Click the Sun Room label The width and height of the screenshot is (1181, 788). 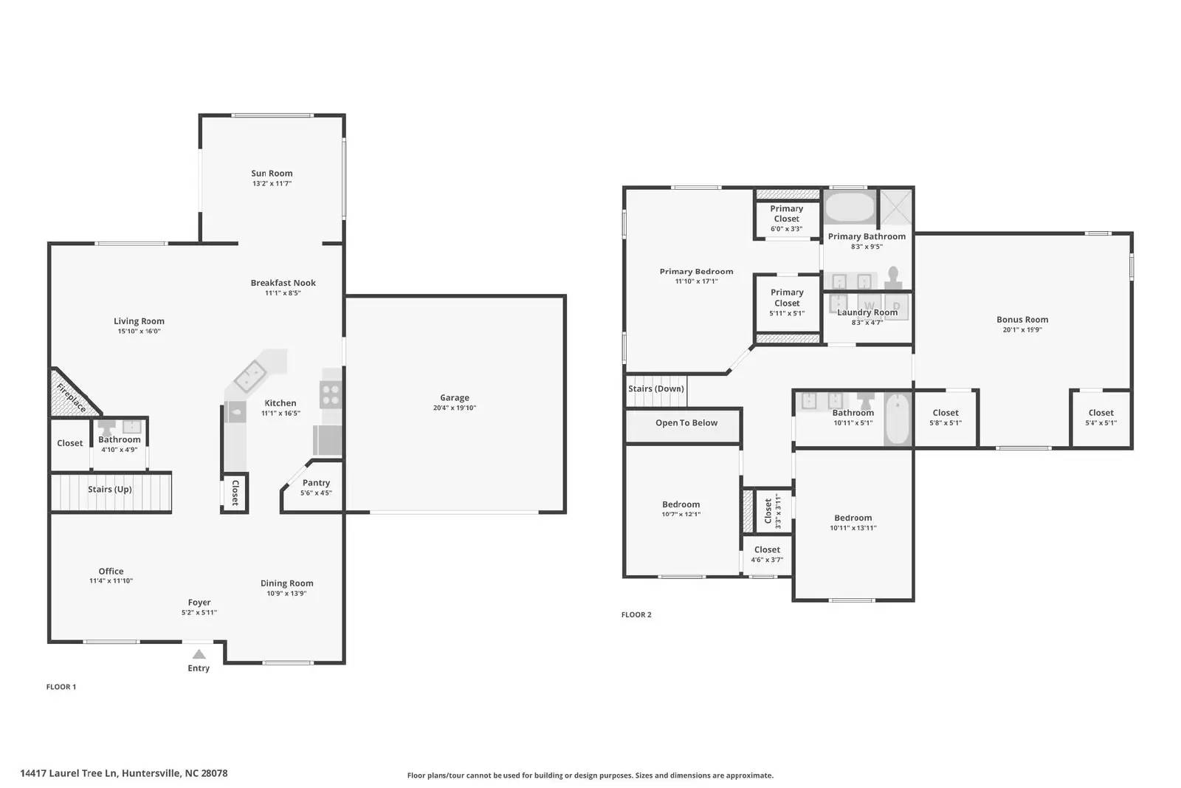pyautogui.click(x=272, y=174)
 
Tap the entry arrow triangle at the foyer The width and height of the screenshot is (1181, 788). pyautogui.click(x=199, y=654)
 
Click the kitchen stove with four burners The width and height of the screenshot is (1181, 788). pyautogui.click(x=331, y=395)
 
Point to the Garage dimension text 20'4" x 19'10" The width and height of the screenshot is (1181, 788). pyautogui.click(x=455, y=408)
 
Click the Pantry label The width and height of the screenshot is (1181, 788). pyautogui.click(x=316, y=483)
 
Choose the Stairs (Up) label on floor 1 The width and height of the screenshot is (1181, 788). pyautogui.click(x=110, y=489)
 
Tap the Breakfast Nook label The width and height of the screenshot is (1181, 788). pyautogui.click(x=283, y=283)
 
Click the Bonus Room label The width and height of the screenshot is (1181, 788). pyautogui.click(x=1022, y=320)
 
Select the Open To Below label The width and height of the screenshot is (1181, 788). pyautogui.click(x=686, y=422)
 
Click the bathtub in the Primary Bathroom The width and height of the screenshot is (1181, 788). pyautogui.click(x=849, y=208)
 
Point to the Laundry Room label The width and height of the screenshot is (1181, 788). pyautogui.click(x=867, y=312)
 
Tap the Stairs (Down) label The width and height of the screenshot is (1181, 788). pyautogui.click(x=655, y=388)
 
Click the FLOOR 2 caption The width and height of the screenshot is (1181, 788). pyautogui.click(x=636, y=614)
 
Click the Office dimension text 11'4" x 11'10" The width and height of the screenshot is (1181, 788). pyautogui.click(x=111, y=581)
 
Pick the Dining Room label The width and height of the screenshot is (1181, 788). pyautogui.click(x=286, y=583)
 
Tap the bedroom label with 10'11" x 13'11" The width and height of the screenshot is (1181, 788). pyautogui.click(x=853, y=518)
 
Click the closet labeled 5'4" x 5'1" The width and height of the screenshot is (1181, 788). pyautogui.click(x=1101, y=414)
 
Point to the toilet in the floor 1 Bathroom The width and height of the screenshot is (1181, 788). pyautogui.click(x=108, y=427)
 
